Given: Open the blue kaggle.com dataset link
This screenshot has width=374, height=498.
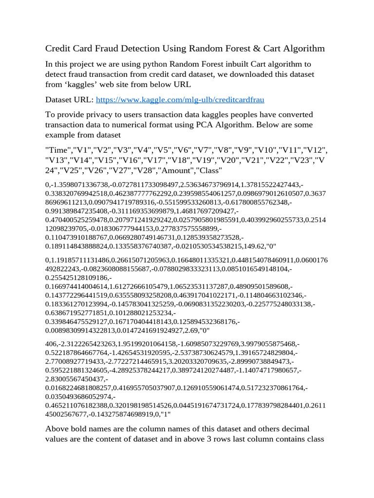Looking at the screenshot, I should (180, 99).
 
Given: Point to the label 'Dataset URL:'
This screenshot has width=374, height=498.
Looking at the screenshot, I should (69, 99).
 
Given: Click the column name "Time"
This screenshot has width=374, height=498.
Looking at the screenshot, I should (58, 150).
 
